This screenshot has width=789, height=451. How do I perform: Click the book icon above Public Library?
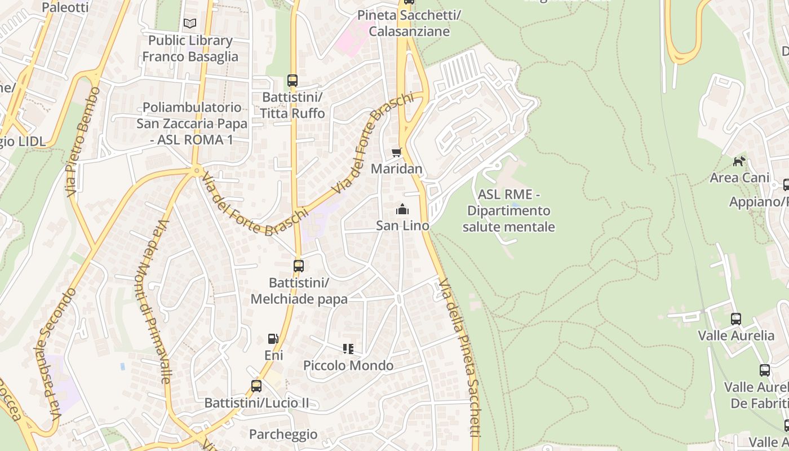point(190,24)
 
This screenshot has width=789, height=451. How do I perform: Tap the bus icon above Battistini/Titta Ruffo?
point(292,81)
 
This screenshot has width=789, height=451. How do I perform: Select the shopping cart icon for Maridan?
point(397,152)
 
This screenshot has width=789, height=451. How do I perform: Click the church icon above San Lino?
point(402,210)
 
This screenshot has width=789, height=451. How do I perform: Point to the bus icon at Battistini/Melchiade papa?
point(299,266)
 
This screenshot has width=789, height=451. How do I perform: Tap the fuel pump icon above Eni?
point(273,339)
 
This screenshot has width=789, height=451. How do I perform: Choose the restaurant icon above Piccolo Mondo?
point(348,349)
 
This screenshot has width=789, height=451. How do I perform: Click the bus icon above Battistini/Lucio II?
point(256,386)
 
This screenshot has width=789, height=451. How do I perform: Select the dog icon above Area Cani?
point(739,161)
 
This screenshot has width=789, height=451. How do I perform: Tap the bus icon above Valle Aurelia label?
point(736,319)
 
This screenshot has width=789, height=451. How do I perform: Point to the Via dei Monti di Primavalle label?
point(153,302)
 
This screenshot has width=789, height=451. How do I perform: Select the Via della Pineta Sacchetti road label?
point(460,357)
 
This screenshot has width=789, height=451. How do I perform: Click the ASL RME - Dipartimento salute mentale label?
point(509,211)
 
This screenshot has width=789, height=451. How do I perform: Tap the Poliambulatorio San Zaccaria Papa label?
point(192,123)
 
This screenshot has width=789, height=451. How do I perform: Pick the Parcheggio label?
point(283,435)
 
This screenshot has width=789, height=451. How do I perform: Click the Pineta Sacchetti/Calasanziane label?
point(409,23)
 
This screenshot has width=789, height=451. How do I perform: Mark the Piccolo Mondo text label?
point(348,366)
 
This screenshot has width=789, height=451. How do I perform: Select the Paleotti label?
point(65,7)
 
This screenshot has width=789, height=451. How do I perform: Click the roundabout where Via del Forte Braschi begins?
point(197,170)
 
